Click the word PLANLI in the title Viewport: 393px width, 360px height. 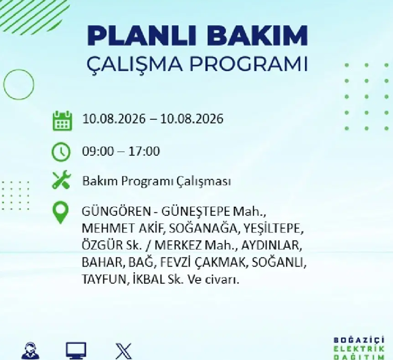click(x=141, y=35)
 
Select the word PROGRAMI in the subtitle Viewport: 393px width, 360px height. click(x=249, y=64)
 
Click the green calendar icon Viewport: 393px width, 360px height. click(x=62, y=121)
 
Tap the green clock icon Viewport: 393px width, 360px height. click(x=61, y=151)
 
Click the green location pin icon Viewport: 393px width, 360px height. click(x=61, y=212)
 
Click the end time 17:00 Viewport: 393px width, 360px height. click(x=144, y=151)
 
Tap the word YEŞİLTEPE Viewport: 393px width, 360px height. click(x=274, y=228)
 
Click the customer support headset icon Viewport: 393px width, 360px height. click(x=30, y=350)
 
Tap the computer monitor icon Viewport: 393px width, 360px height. click(x=76, y=350)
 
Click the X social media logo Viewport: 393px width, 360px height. click(x=124, y=351)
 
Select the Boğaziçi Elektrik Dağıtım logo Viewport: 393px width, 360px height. click(x=359, y=348)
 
